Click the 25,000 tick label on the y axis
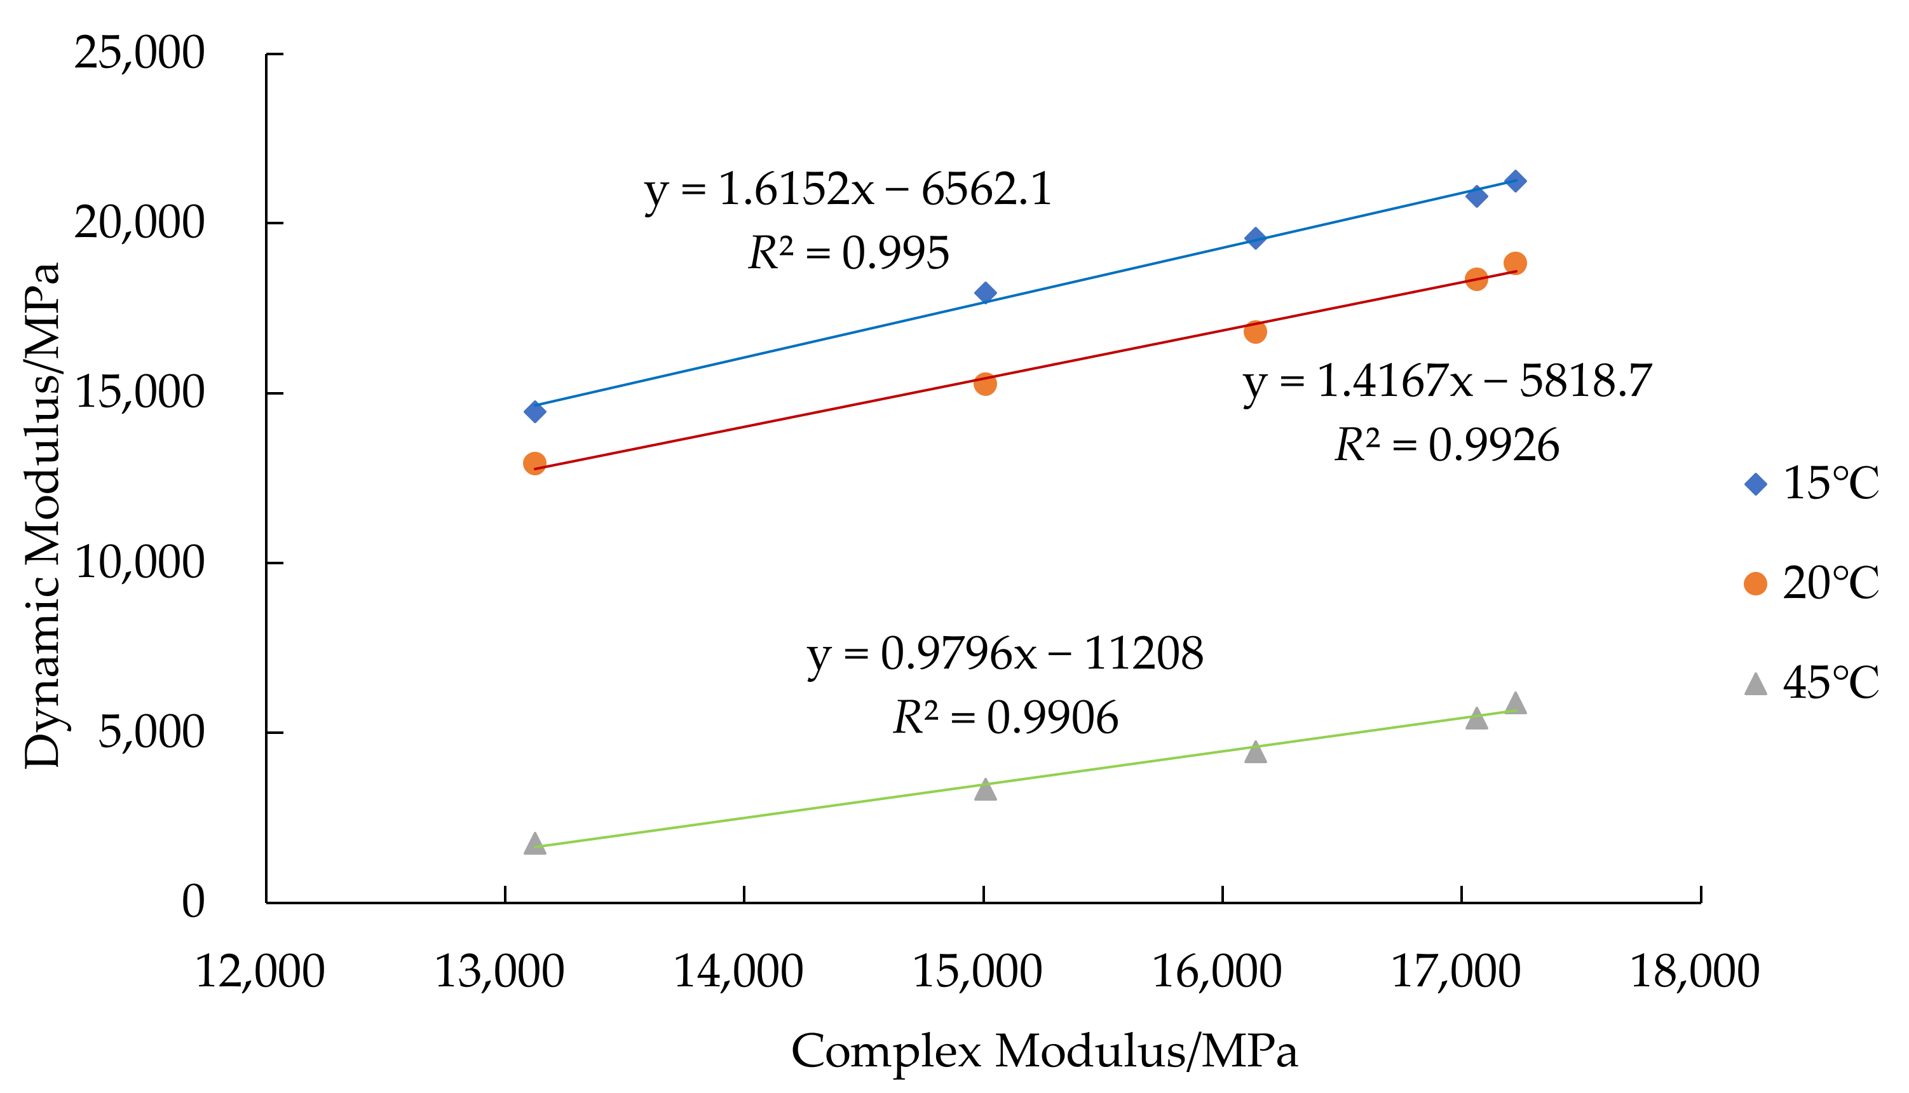(139, 53)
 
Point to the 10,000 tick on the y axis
(139, 562)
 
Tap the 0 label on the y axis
(193, 902)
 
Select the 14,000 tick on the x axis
(738, 972)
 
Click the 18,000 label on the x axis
(1695, 972)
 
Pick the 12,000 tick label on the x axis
(260, 972)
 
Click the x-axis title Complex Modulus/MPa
(1044, 1051)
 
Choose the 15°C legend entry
(1811, 484)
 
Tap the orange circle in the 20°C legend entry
(1755, 583)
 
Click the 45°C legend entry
(1811, 683)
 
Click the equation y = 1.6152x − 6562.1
(848, 190)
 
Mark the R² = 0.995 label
(849, 253)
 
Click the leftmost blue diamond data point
(534, 411)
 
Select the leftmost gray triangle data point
(534, 844)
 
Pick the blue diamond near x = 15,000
(985, 293)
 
